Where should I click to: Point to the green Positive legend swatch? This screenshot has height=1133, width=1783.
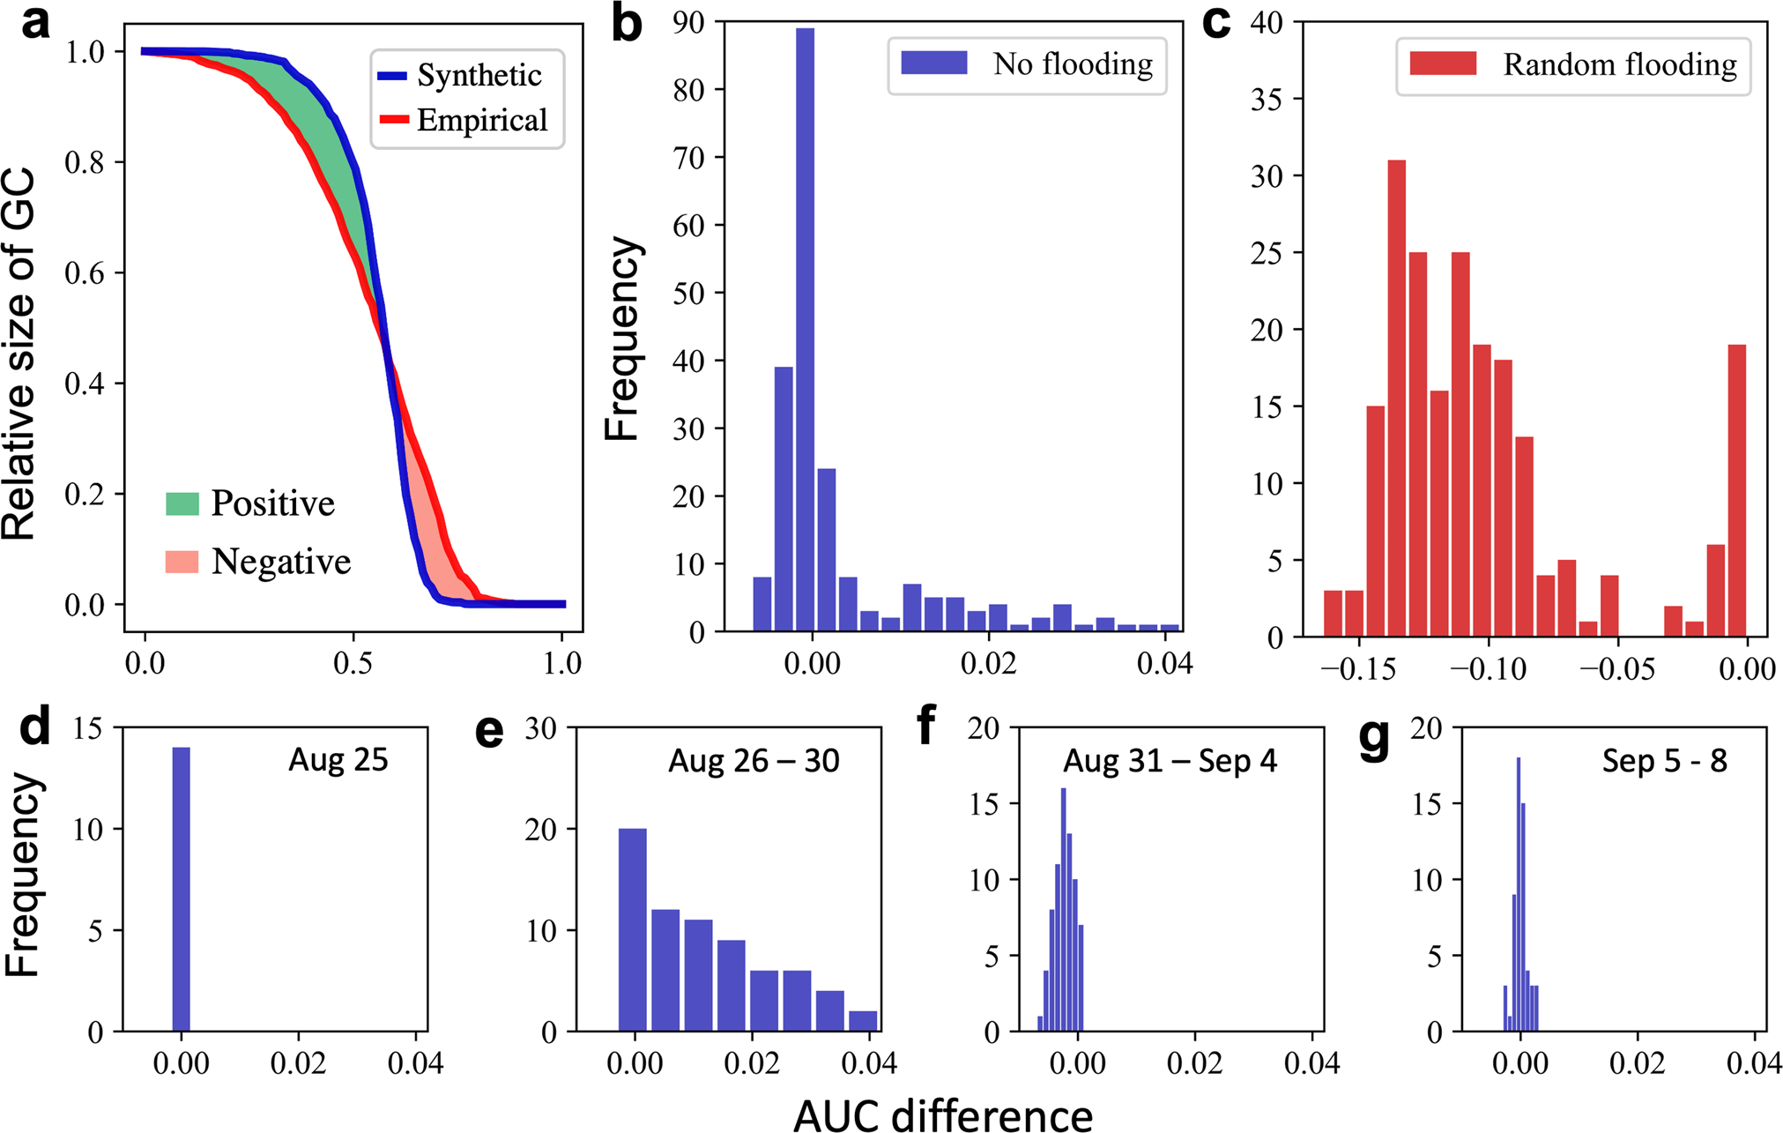coord(182,503)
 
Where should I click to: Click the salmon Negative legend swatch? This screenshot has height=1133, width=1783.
coord(182,562)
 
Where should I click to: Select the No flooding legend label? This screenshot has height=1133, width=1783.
coord(1073,63)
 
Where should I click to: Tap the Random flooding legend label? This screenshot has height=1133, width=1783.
coord(1620,64)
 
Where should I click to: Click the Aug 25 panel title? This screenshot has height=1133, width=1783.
coord(338,759)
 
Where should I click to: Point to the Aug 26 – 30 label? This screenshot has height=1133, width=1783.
coord(754,760)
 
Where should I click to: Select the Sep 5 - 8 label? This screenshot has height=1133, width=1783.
coord(1664,760)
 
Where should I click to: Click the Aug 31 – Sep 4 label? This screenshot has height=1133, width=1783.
coord(1170,760)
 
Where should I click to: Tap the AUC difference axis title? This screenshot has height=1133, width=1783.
coord(942,1114)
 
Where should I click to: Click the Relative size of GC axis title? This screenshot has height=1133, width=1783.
coord(19,353)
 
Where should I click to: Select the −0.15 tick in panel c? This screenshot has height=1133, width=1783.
coord(1359,668)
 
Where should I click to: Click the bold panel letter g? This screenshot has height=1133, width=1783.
coord(1375,739)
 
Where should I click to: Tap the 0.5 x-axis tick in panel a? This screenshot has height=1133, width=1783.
coord(353,663)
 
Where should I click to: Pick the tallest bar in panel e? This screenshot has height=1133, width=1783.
coord(633,929)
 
